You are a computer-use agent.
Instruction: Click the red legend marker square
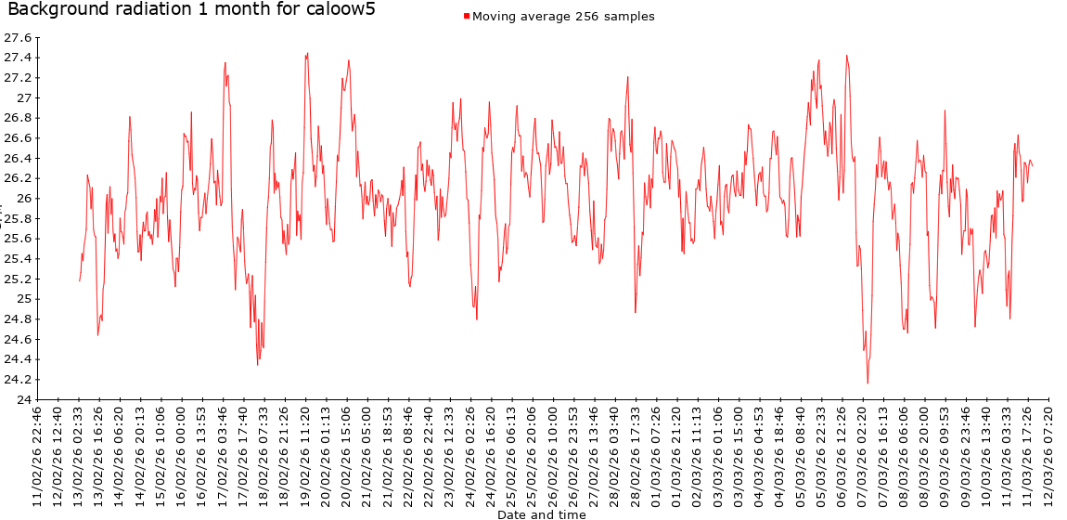coord(467,16)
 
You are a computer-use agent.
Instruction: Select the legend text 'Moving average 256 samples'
coord(563,16)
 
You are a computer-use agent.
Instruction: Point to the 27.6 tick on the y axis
coord(19,38)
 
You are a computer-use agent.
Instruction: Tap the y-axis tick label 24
coord(22,399)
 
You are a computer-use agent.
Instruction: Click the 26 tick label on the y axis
coord(22,199)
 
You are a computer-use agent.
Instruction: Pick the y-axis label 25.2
coord(19,279)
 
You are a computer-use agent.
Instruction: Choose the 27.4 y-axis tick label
coord(19,58)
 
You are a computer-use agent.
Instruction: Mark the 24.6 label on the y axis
coord(19,339)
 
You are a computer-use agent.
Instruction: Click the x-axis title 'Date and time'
coord(541,513)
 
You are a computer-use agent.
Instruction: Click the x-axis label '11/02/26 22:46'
coord(38,455)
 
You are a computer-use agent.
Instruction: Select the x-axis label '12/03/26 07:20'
coord(1049,455)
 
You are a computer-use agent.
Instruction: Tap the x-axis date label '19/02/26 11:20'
coord(306,455)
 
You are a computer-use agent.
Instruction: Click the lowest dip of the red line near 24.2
coord(868,383)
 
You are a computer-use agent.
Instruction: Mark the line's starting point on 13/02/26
coord(80,280)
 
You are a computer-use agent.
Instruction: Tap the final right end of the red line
coord(1033,165)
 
